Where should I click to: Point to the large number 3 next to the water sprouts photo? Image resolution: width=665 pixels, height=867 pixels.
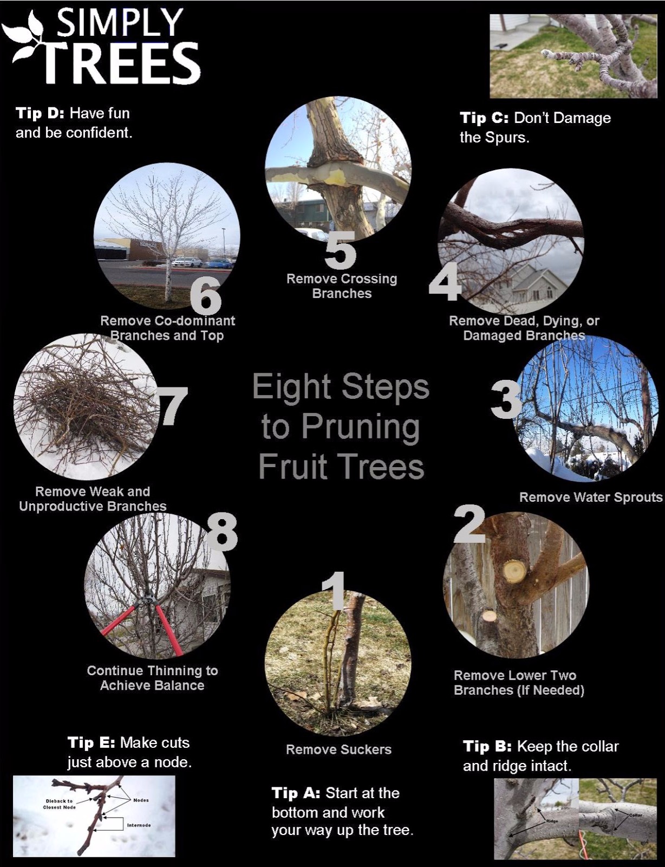click(506, 400)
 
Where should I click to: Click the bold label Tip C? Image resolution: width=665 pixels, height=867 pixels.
click(484, 118)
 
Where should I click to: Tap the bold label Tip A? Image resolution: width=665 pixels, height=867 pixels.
click(296, 793)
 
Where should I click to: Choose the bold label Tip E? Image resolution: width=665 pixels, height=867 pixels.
click(91, 742)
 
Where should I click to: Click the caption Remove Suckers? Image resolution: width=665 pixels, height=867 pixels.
click(338, 749)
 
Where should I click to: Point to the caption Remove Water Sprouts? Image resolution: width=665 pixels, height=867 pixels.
click(590, 497)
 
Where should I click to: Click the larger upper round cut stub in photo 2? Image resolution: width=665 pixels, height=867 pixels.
click(514, 571)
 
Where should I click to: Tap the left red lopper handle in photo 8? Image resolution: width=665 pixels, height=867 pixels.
click(118, 620)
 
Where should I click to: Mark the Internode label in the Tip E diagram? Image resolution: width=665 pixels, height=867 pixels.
click(139, 825)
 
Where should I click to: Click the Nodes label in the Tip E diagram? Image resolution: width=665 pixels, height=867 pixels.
click(141, 800)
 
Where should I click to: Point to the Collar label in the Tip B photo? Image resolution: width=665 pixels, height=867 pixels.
click(635, 815)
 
